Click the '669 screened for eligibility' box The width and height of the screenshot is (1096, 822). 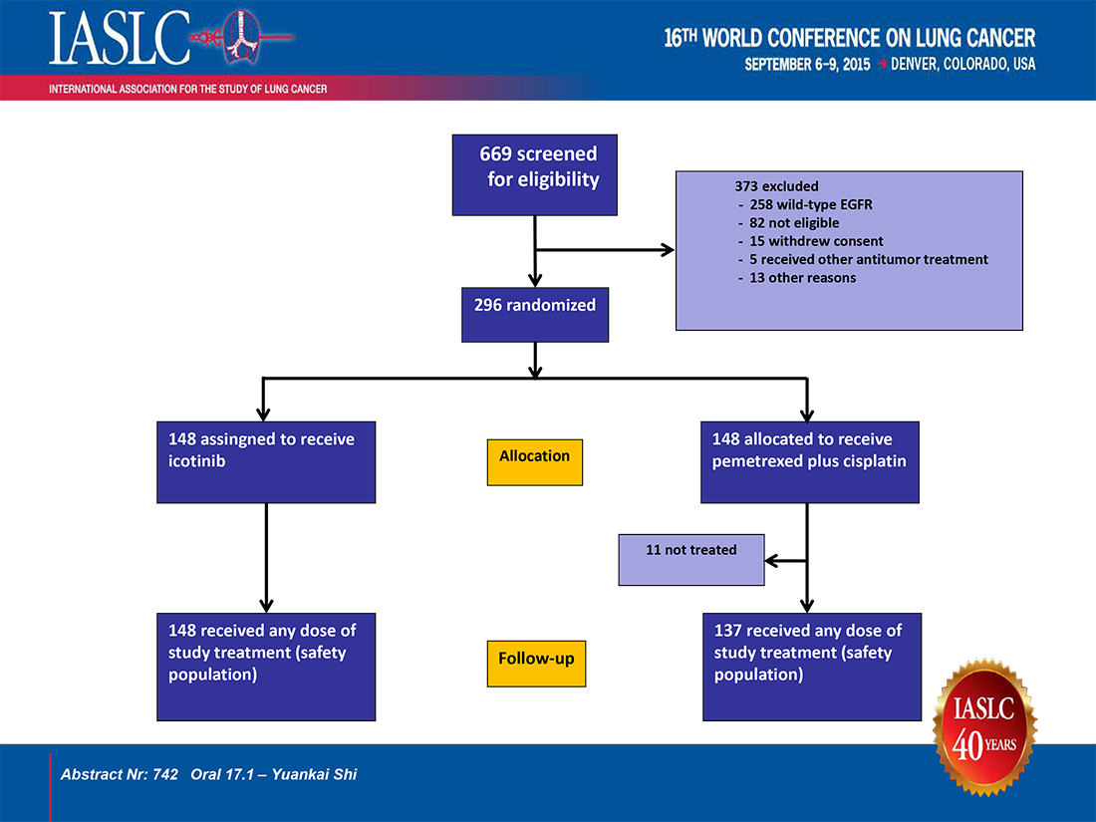coord(535,174)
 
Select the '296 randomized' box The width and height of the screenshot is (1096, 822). coord(535,315)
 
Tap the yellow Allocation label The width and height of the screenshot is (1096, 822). coord(535,462)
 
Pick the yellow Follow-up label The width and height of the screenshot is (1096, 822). coord(536,664)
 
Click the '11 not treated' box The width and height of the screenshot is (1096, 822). coord(691,560)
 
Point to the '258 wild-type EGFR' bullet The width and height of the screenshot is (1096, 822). coord(805,205)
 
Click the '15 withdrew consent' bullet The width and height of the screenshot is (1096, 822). coord(811,241)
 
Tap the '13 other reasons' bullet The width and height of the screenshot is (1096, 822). coord(797,278)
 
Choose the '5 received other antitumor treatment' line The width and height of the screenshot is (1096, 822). coord(863,259)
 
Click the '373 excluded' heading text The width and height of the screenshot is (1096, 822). coord(776,186)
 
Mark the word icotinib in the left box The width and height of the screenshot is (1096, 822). coord(197,461)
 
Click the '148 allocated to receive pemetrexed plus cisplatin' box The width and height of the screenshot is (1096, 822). coord(810,462)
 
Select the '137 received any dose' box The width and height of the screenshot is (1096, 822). coord(812,667)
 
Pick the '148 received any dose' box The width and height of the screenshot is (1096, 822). coord(266,667)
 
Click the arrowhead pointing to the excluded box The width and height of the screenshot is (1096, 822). coord(668,249)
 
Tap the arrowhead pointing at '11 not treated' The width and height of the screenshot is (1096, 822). coord(771,560)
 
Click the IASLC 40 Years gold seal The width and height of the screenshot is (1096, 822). coord(984,727)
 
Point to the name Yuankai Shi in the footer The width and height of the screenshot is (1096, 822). coord(315,774)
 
